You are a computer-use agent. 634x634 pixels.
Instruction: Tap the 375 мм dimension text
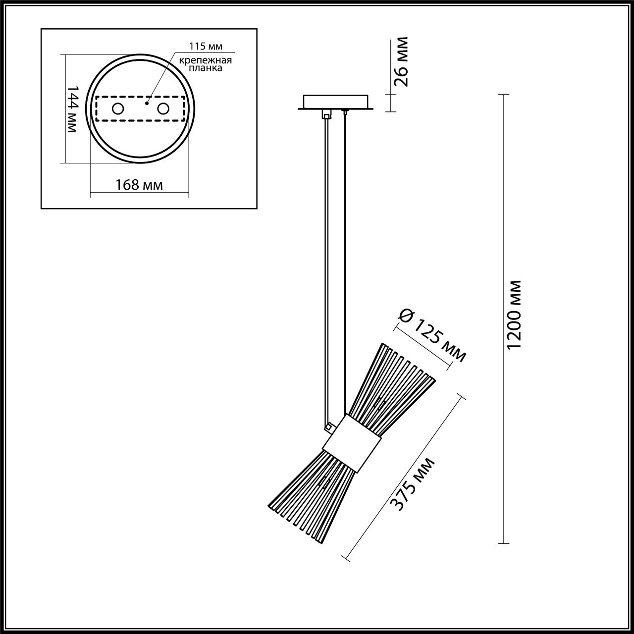click(413, 484)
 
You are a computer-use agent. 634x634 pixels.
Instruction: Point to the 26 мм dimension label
click(402, 61)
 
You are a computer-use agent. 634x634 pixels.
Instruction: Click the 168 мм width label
click(139, 185)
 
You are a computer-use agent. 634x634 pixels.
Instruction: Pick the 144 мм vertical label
click(72, 108)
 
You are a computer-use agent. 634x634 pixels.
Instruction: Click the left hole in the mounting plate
click(118, 108)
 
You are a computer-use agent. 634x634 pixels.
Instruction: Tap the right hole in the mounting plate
click(163, 108)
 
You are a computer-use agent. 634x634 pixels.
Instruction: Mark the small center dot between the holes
click(146, 104)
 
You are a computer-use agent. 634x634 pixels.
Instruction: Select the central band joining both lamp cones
click(352, 442)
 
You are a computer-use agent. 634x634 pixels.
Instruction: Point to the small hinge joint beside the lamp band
click(327, 425)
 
